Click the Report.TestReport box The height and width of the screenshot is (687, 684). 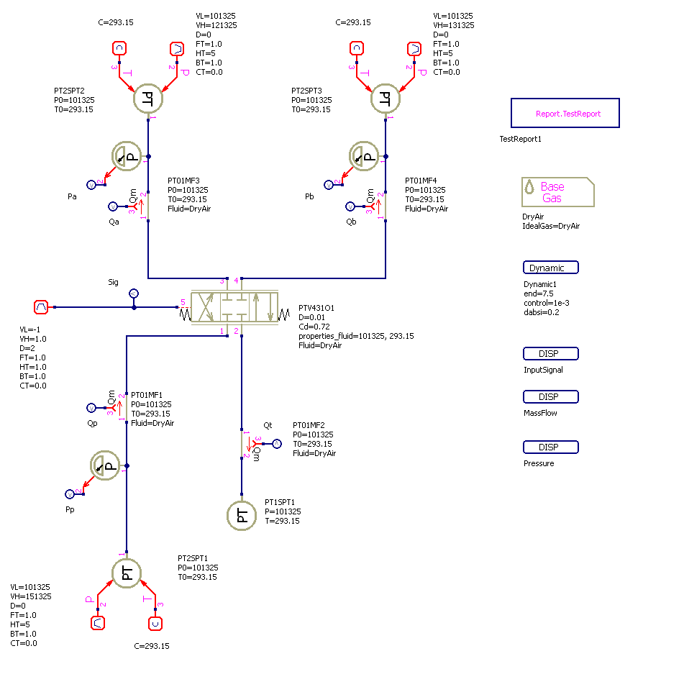(565, 113)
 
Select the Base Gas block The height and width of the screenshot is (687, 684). (557, 192)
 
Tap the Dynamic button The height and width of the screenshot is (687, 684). (550, 268)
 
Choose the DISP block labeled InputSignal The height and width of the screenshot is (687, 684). (550, 354)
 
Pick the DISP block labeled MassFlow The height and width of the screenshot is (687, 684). (550, 397)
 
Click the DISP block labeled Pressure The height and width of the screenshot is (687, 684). (550, 447)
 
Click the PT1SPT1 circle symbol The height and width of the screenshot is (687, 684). (242, 515)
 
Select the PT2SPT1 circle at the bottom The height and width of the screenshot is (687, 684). (127, 573)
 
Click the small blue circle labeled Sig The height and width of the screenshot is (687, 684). (133, 294)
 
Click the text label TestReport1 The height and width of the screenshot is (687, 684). (520, 139)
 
